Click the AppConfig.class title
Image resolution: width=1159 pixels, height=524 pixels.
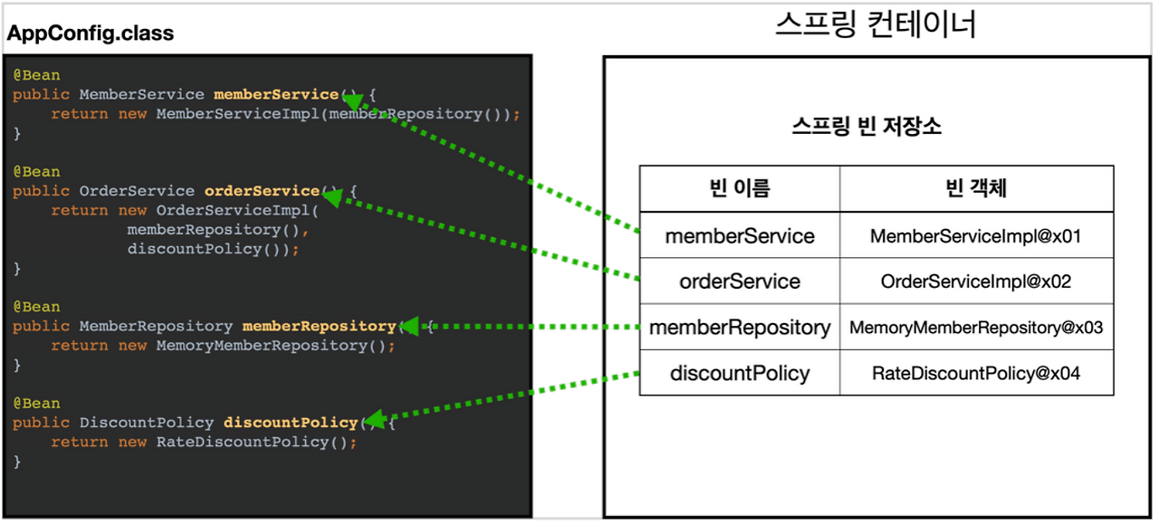91,34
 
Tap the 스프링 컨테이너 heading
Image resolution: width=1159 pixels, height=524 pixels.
876,24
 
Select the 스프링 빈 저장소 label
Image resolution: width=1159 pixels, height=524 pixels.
867,126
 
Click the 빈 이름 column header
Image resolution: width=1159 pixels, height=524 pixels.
739,188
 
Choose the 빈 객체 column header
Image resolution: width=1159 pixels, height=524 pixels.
975,188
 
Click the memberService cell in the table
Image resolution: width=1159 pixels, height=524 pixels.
739,236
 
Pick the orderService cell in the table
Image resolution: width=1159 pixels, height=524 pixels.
739,281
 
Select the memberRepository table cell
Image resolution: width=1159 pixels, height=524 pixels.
739,328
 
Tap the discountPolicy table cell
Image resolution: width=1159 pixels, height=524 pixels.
739,373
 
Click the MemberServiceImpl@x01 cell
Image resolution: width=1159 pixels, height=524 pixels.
975,236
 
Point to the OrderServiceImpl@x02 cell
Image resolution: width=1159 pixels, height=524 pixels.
975,281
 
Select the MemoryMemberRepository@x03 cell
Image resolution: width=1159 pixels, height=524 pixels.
975,328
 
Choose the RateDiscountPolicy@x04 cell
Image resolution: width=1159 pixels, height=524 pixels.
975,373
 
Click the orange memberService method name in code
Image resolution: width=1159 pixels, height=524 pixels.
275,94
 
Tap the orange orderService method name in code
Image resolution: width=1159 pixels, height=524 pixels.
262,191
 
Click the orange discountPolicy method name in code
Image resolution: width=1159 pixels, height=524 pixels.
291,423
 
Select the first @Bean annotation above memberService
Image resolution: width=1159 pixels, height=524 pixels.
36,75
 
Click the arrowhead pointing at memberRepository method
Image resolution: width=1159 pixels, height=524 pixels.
408,326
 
